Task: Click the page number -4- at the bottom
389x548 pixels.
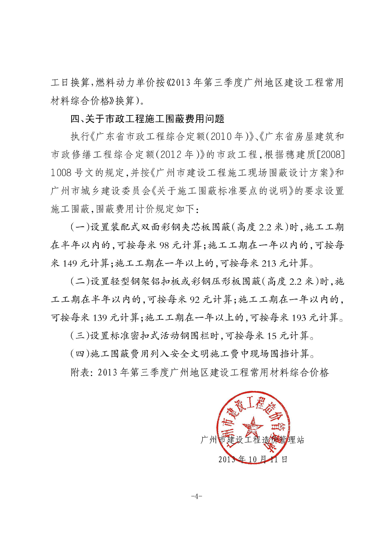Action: click(197, 496)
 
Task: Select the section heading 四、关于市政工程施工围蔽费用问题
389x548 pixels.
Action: click(147, 119)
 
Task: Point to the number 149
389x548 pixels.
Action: click(70, 263)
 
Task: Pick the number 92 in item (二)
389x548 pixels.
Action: click(195, 299)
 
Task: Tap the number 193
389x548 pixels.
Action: click(299, 317)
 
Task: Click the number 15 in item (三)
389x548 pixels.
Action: click(272, 336)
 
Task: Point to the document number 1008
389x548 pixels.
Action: click(61, 173)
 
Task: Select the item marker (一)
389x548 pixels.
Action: click(80, 227)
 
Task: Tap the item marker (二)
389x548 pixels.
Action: click(80, 282)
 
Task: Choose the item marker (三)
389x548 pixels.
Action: click(80, 336)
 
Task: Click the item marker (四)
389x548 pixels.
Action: click(80, 354)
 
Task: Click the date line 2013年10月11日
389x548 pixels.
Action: click(253, 459)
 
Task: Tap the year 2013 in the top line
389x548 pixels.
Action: click(180, 83)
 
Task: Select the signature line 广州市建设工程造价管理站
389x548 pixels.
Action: click(252, 440)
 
